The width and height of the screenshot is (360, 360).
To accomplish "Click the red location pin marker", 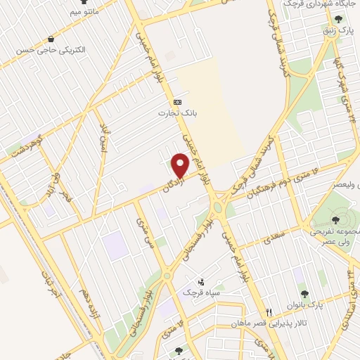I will pyautogui.click(x=181, y=165).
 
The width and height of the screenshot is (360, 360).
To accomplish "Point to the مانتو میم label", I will pyautogui.click(x=85, y=13).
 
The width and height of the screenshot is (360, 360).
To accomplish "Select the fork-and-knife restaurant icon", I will pyautogui.click(x=268, y=312).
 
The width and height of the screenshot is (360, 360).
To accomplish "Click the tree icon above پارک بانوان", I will pyautogui.click(x=304, y=294).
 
